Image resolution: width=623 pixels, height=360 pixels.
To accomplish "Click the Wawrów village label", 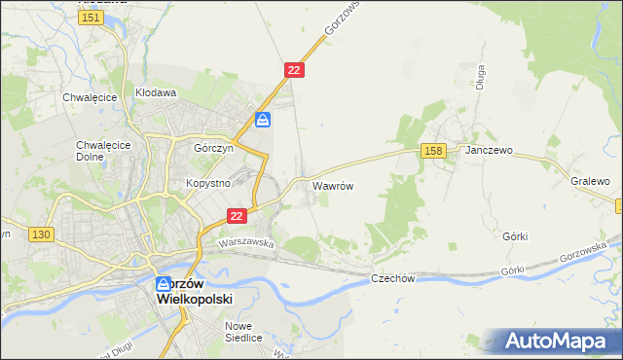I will click(332, 184).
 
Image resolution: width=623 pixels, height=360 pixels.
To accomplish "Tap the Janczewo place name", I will click(489, 152).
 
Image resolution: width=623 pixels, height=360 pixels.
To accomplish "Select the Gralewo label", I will click(590, 182).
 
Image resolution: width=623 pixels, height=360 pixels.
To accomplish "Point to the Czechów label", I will click(393, 278).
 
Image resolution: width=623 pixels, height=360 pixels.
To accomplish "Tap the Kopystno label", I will click(207, 183).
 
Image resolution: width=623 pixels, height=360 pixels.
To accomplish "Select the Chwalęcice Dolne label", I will click(96, 151).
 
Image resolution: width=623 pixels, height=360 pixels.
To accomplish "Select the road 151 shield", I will click(92, 18).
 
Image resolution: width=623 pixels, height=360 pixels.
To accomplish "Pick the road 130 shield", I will click(41, 234).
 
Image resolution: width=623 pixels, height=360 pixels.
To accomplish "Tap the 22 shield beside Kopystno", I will click(236, 215).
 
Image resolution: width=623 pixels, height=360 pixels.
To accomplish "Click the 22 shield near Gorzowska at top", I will click(295, 70).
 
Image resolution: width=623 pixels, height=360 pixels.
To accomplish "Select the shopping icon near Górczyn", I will click(263, 121).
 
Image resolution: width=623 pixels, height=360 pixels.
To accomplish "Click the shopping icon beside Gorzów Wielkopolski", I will click(165, 285).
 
